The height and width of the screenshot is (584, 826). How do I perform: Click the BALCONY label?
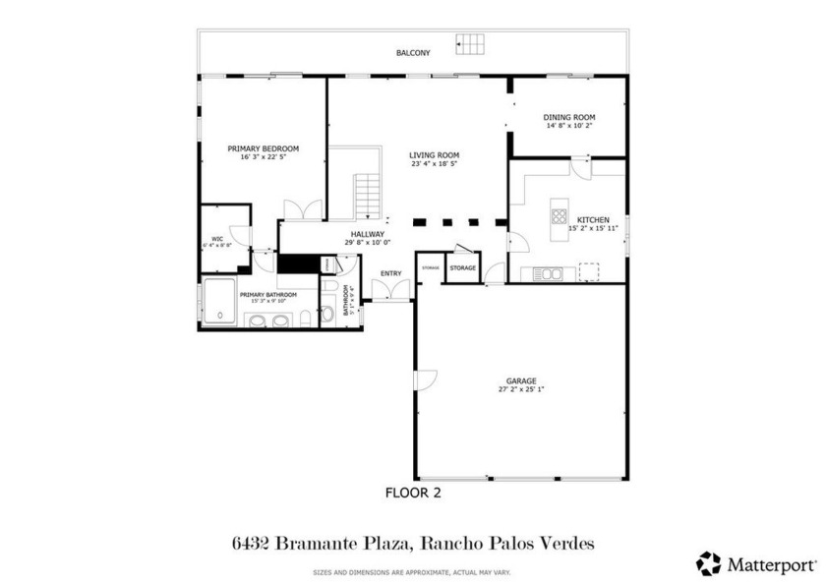[413, 53]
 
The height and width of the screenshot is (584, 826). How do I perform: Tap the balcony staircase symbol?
[471, 44]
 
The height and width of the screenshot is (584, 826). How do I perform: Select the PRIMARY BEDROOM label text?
[263, 148]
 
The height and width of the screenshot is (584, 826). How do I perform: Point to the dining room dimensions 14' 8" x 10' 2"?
[570, 126]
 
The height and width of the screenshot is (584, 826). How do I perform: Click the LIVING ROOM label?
[435, 155]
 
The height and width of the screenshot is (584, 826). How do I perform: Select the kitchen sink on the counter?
[549, 273]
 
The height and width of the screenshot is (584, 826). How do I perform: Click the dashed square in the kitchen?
[589, 271]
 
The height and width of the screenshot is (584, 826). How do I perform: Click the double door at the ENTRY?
[391, 290]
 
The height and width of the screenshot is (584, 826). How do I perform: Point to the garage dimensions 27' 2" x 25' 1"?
[521, 389]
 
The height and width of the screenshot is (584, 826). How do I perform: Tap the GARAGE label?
[521, 380]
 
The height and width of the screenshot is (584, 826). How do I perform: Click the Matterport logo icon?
[708, 563]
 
